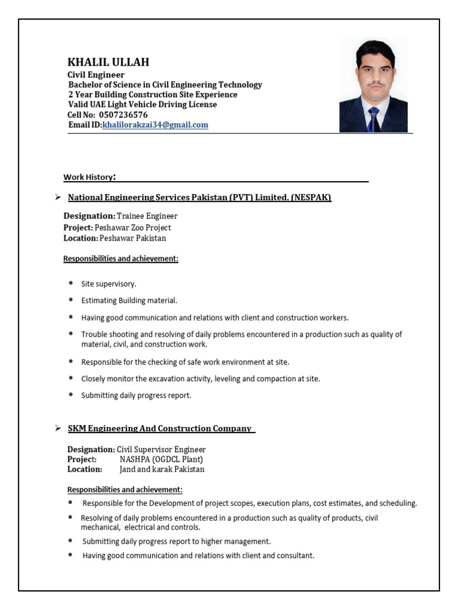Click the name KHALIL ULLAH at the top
pos(108,63)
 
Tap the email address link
pos(155,125)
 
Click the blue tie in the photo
pos(373,120)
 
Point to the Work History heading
pos(89,177)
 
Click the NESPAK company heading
pos(199,198)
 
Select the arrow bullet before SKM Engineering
pos(58,428)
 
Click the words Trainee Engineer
pos(147,216)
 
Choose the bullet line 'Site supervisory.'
pos(109,284)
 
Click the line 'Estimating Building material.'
pos(129,301)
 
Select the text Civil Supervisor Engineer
pos(161,450)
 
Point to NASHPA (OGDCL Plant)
pos(161,459)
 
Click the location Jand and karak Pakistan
pos(162,469)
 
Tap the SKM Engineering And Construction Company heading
pos(160,429)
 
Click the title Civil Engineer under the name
pos(96,75)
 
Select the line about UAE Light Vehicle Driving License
pos(143,105)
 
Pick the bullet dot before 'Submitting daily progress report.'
pos(72,394)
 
